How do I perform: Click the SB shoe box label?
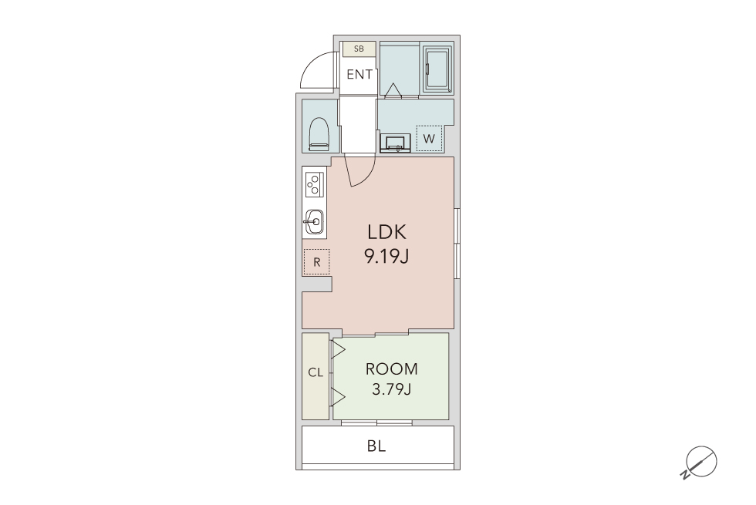(359, 49)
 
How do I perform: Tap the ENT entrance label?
(359, 74)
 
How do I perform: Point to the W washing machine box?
(429, 138)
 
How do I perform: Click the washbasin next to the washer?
(395, 143)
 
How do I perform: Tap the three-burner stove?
(315, 184)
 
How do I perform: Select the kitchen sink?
(315, 222)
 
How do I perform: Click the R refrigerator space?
(317, 261)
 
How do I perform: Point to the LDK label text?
(387, 232)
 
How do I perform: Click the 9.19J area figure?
(386, 256)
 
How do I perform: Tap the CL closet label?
(316, 372)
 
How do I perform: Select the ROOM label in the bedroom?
(392, 369)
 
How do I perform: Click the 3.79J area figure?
(392, 389)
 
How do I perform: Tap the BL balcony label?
(376, 446)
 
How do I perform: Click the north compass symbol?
(700, 462)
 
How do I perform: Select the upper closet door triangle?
(339, 350)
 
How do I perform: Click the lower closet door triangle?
(339, 396)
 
